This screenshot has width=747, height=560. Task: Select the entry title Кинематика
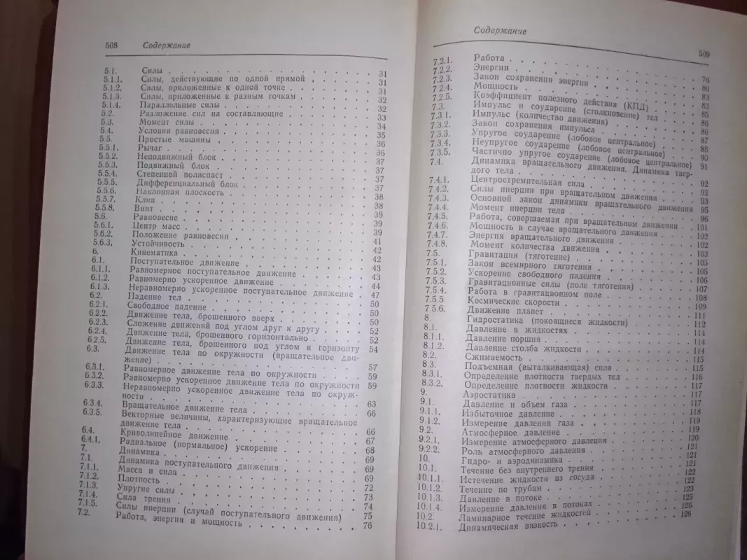pos(152,251)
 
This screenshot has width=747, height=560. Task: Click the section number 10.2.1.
pos(437,527)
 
